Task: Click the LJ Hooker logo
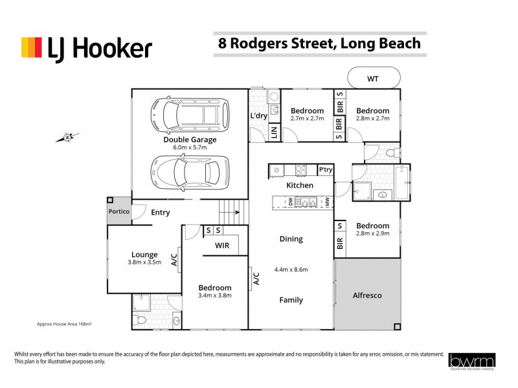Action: (87, 48)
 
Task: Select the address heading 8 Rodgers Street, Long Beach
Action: (319, 44)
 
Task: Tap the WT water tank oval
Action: (373, 79)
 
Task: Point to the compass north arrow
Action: (67, 137)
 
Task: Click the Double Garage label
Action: (190, 139)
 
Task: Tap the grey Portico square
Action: (119, 212)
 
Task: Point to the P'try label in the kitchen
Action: (326, 169)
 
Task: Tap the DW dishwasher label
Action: (282, 202)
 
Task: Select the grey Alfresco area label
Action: (366, 295)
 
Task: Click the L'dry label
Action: (259, 116)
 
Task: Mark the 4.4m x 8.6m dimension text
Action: (291, 270)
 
